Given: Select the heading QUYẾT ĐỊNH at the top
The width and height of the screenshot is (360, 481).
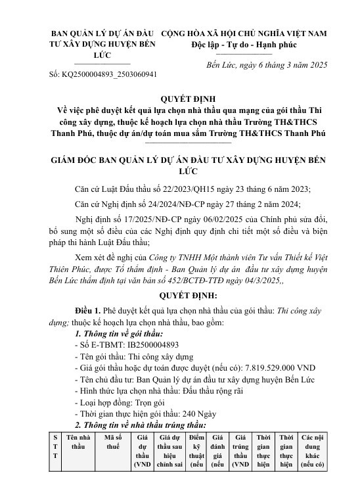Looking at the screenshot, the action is (x=179, y=99).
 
